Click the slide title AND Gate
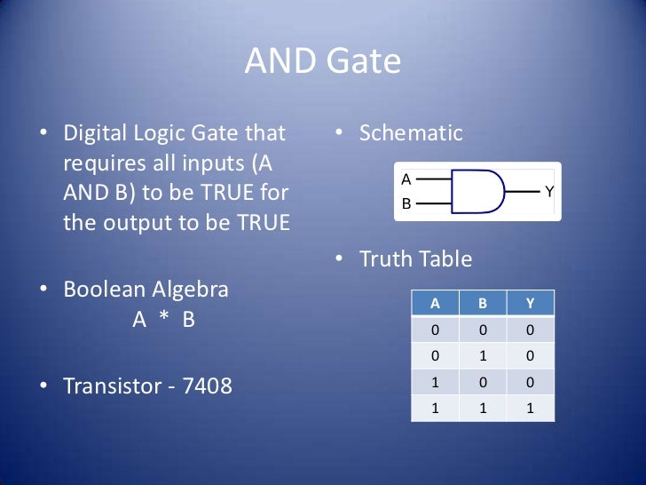pyautogui.click(x=322, y=62)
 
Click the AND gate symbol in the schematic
pyautogui.click(x=477, y=191)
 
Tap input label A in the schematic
pyautogui.click(x=406, y=179)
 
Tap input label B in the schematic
pyautogui.click(x=406, y=203)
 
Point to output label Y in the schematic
pyautogui.click(x=549, y=191)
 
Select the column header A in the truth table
pyautogui.click(x=435, y=303)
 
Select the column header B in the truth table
pyautogui.click(x=483, y=303)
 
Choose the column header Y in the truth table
pyautogui.click(x=530, y=303)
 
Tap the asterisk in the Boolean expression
pyautogui.click(x=163, y=321)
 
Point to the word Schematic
pyautogui.click(x=411, y=134)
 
